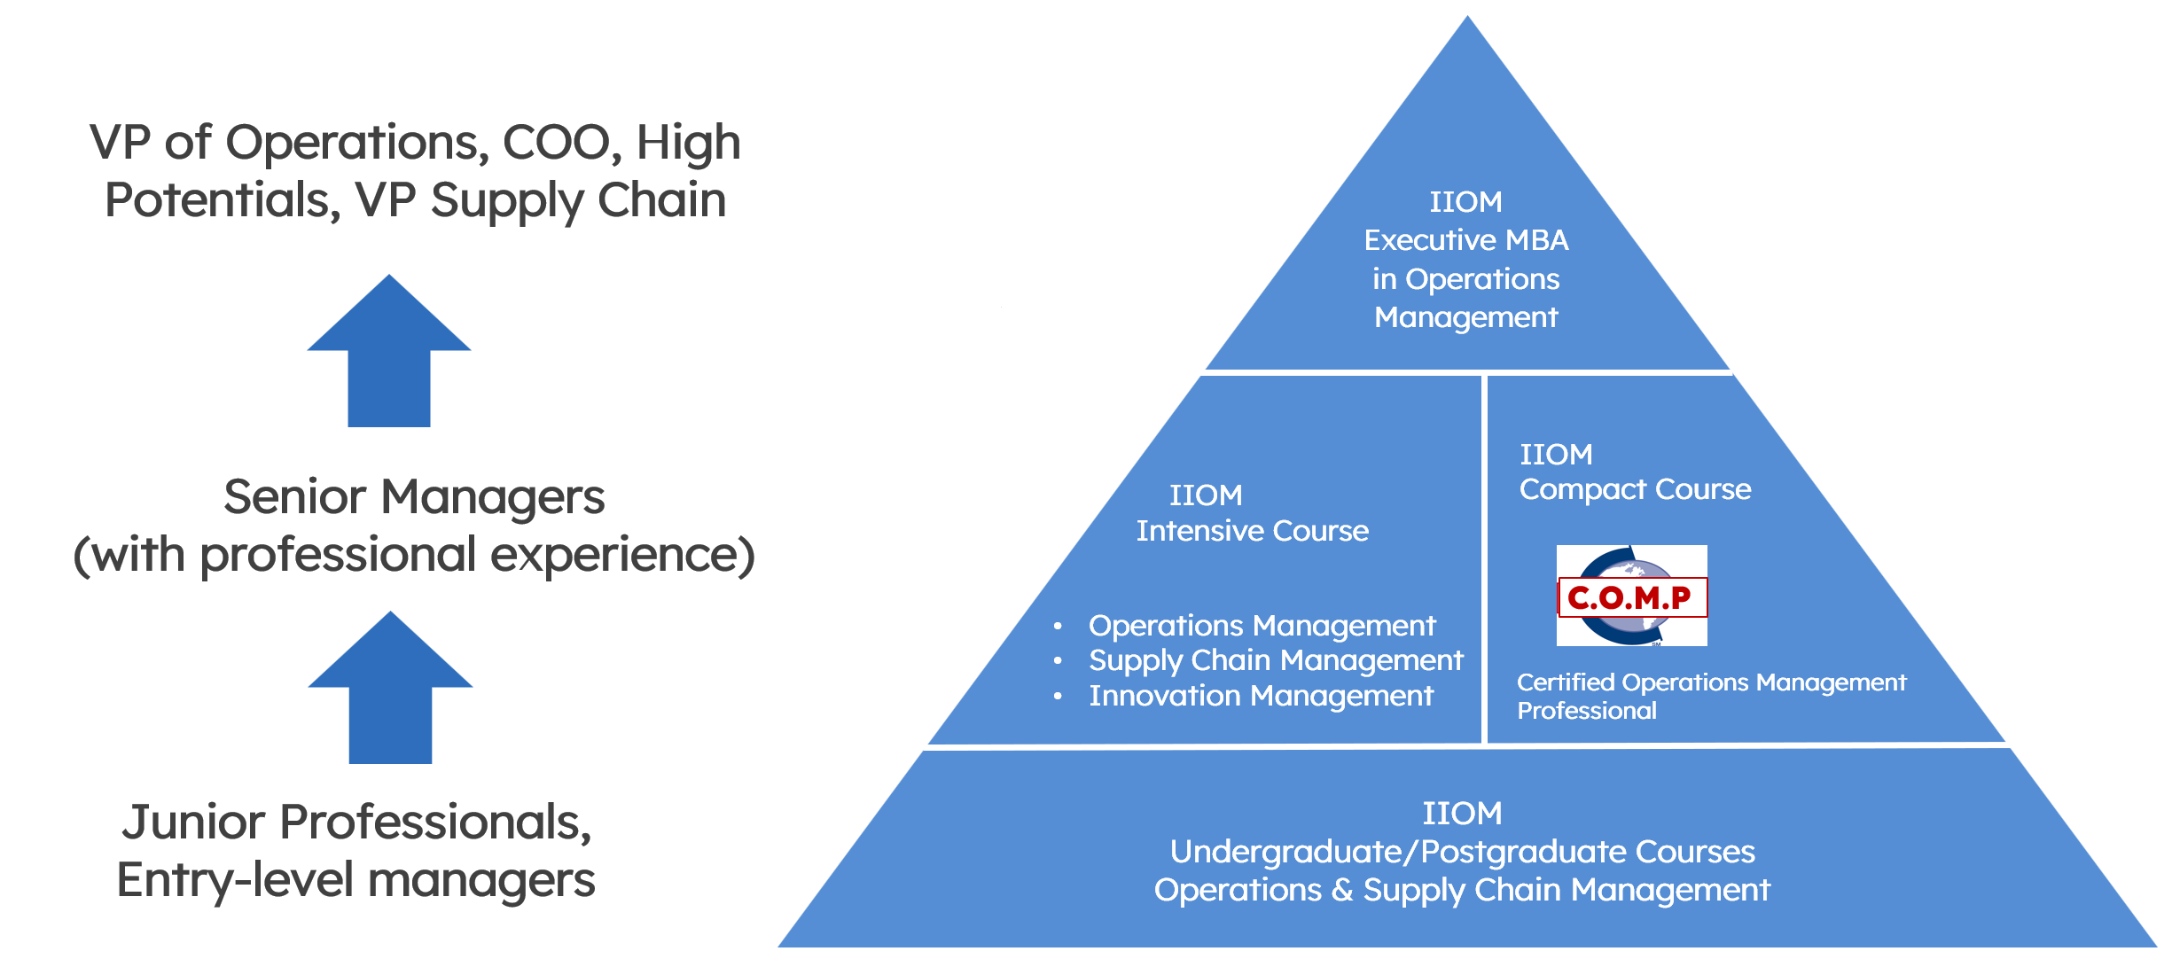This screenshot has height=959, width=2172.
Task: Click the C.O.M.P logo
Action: pyautogui.click(x=1631, y=596)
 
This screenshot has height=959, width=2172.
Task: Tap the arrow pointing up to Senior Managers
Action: pyautogui.click(x=390, y=687)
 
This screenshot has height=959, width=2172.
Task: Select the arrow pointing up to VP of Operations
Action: pyautogui.click(x=389, y=350)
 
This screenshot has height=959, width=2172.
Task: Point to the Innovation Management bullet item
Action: pyautogui.click(x=1261, y=697)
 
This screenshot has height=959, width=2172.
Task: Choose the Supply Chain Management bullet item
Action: pyautogui.click(x=1276, y=661)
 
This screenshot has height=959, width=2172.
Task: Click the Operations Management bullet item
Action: pyautogui.click(x=1262, y=627)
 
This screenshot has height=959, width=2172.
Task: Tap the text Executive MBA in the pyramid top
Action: pyautogui.click(x=1466, y=240)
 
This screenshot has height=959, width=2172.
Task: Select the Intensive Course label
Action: pyautogui.click(x=1253, y=531)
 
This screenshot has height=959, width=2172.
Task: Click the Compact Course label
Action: pyautogui.click(x=1636, y=490)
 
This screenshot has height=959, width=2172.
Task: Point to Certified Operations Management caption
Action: pyautogui.click(x=1711, y=682)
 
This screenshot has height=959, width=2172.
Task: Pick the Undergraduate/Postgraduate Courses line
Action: pyautogui.click(x=1463, y=853)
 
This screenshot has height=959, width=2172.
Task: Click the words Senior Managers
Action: pyautogui.click(x=414, y=497)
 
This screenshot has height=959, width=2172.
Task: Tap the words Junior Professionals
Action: pyautogui.click(x=356, y=823)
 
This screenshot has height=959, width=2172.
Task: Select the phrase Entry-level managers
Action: pyautogui.click(x=356, y=881)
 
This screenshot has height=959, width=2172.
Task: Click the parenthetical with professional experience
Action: pyautogui.click(x=414, y=556)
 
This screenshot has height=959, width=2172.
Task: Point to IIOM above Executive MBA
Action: pyautogui.click(x=1466, y=202)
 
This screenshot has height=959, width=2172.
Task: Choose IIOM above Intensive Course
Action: pyautogui.click(x=1206, y=495)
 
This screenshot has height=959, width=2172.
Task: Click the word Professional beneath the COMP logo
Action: pyautogui.click(x=1587, y=711)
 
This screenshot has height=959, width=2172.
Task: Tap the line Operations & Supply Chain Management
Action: pyautogui.click(x=1463, y=891)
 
